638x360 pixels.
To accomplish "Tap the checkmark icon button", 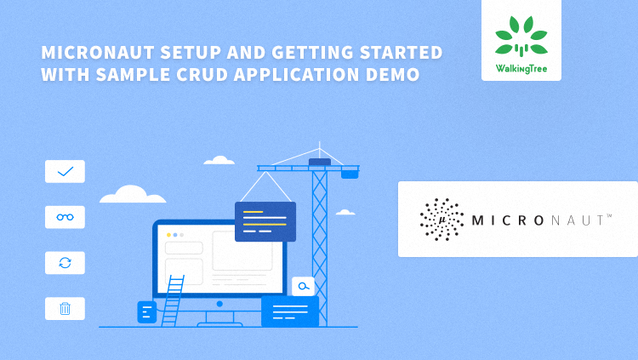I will tap(65, 171).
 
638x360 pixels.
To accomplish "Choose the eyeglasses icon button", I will tap(65, 217).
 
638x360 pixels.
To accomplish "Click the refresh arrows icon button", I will tap(65, 263).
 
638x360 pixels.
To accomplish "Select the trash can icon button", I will tap(65, 309).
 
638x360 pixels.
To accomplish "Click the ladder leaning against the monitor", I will tap(174, 300).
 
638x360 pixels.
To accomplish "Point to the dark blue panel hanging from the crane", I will tap(265, 221).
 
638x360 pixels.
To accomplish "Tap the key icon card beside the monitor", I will tap(302, 286).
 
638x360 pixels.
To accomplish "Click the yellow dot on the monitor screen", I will tap(168, 234).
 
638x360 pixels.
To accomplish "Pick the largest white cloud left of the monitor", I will tap(133, 195).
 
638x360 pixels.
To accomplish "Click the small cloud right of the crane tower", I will tap(345, 212).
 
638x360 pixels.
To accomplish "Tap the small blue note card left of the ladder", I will tap(146, 312).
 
